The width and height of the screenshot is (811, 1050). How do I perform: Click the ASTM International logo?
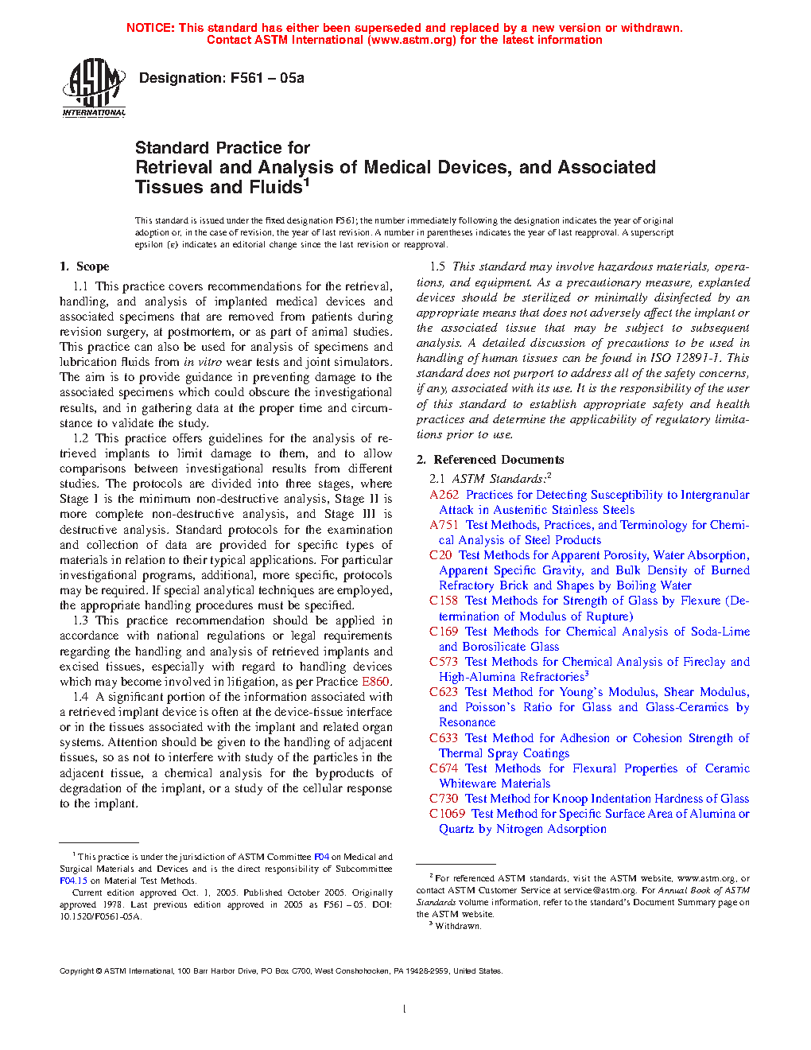coord(94,87)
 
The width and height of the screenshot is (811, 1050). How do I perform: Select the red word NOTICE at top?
coord(150,28)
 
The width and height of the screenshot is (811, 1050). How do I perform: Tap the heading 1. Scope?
coord(84,266)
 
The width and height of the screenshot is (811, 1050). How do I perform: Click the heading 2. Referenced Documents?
coord(491,460)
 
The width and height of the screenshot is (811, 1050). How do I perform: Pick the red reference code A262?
coord(444,495)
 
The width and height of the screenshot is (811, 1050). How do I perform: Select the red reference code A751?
coord(444,525)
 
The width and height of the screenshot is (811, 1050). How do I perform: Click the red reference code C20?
coord(440,555)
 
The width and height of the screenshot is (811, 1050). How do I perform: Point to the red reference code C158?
coord(444,601)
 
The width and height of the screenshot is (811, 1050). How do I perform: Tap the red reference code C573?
coord(444,662)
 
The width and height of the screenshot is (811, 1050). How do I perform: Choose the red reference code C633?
coord(444,738)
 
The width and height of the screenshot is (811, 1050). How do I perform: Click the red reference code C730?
coord(444,799)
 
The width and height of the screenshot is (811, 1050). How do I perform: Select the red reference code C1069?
coord(447,814)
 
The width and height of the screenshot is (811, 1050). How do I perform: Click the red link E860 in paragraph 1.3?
coord(375,682)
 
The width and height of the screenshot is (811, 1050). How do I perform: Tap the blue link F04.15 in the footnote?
coord(73,881)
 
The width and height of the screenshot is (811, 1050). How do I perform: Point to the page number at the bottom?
coord(405,1009)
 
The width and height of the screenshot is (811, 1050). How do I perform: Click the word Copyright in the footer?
coord(77,970)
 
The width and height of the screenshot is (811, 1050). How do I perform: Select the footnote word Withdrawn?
coord(458,926)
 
